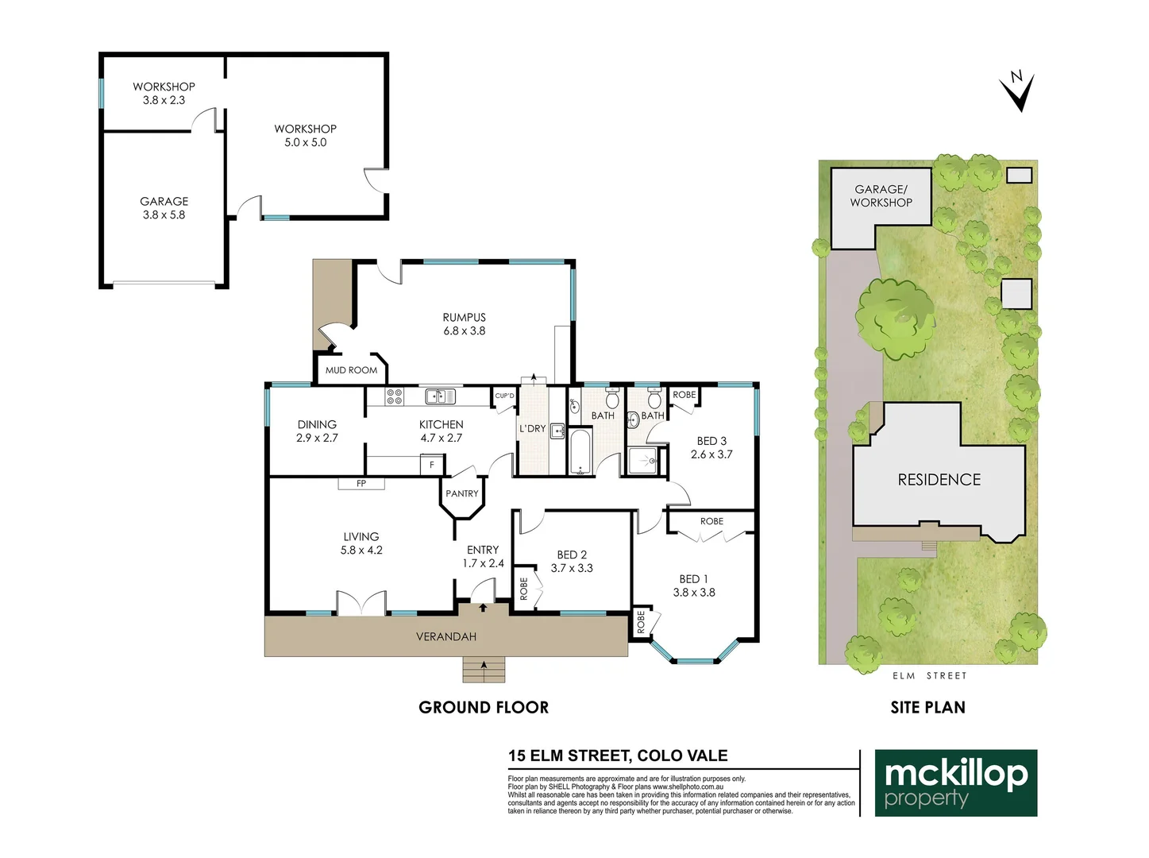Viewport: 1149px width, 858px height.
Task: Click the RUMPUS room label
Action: (x=465, y=318)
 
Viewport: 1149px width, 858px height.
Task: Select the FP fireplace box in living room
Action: (x=361, y=483)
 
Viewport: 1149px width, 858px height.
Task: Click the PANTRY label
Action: (x=461, y=493)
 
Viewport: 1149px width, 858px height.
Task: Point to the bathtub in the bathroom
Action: (x=580, y=451)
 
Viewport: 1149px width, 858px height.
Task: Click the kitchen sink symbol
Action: (x=439, y=396)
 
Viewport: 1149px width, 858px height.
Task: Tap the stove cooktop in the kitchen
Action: (x=395, y=396)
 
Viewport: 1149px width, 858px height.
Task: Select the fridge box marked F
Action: (x=432, y=465)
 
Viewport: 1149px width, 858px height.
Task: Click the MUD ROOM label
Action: (x=351, y=370)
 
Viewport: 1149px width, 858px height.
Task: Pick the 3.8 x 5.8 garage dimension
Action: (x=164, y=215)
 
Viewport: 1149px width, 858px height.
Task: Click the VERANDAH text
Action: (x=446, y=636)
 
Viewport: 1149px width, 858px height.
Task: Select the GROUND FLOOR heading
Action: (x=484, y=707)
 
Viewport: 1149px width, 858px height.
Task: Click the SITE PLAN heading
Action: (x=927, y=707)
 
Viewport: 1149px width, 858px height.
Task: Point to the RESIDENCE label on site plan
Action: (x=939, y=480)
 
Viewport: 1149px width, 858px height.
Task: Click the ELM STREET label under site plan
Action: (x=929, y=676)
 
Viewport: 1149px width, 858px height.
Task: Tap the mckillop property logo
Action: (x=956, y=783)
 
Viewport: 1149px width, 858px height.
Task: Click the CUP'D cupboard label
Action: (x=504, y=396)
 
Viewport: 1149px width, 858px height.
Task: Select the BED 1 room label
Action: (x=693, y=579)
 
